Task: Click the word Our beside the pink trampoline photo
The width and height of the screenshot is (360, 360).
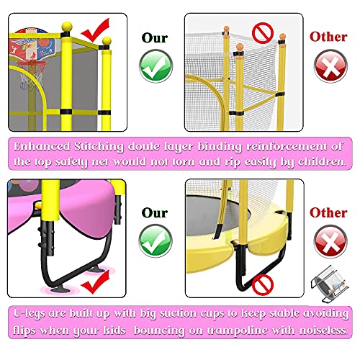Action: tap(153, 213)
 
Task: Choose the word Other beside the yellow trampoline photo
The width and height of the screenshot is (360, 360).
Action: tap(328, 213)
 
